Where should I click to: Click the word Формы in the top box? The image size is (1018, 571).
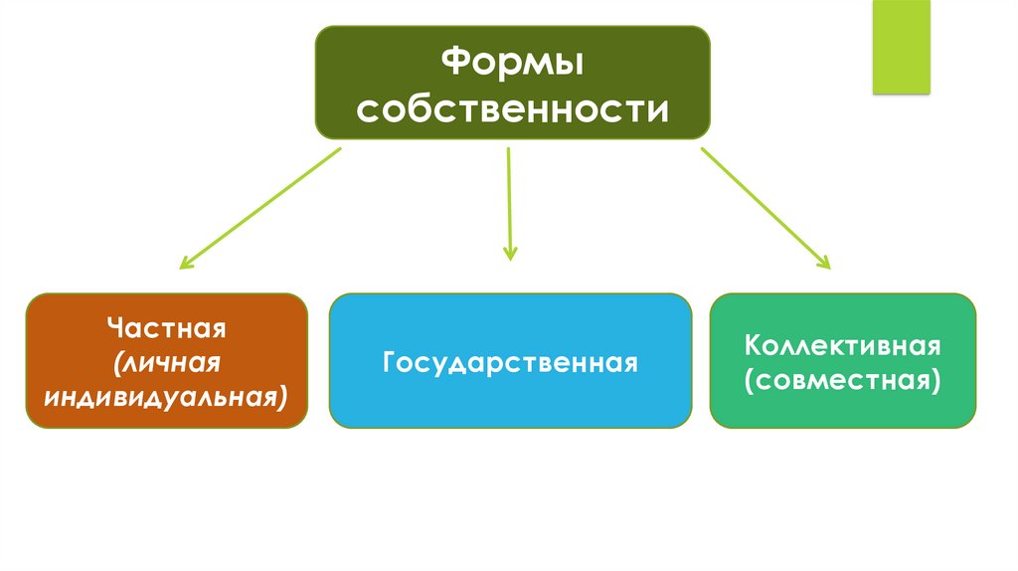[x=512, y=65]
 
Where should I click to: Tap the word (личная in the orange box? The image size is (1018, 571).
[x=166, y=363]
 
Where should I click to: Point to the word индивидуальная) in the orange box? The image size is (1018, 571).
[x=166, y=397]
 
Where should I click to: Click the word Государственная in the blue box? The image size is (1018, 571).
[x=510, y=362]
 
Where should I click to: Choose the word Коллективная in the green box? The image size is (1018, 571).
[x=843, y=346]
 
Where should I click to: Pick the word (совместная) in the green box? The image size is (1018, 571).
[x=843, y=380]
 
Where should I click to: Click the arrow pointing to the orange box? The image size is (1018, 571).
[x=260, y=209]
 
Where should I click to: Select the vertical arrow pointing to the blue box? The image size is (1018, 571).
[x=509, y=203]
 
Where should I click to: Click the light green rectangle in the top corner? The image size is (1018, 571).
[x=901, y=47]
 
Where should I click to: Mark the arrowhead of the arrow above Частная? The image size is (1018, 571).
[x=185, y=265]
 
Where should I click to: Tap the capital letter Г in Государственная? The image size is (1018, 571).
[x=390, y=362]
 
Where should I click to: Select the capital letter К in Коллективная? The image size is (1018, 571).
[x=755, y=346]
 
